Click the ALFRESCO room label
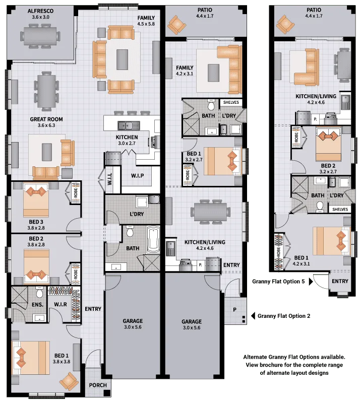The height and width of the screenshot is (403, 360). click(x=41, y=11)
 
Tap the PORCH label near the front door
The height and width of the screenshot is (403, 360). click(x=98, y=385)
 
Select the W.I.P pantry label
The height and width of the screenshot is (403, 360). click(x=138, y=176)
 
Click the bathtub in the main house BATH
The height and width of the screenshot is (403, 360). click(x=153, y=240)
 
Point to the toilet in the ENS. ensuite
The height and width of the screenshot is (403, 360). click(x=39, y=293)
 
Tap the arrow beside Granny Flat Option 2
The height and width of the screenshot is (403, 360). click(x=253, y=316)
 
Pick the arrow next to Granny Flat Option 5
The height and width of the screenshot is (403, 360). click(x=311, y=282)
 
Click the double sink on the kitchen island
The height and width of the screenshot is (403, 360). click(x=129, y=125)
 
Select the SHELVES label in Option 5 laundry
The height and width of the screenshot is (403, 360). click(x=340, y=210)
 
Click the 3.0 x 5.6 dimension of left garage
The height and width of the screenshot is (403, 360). click(x=133, y=327)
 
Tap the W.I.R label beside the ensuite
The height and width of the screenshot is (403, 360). click(x=61, y=304)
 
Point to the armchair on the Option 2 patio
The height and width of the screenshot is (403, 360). click(x=176, y=25)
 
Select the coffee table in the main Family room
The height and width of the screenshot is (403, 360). click(x=122, y=59)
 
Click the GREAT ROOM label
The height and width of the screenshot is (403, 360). click(x=46, y=119)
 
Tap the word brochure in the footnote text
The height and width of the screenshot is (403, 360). click(x=269, y=365)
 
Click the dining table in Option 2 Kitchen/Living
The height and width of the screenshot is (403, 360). click(x=210, y=212)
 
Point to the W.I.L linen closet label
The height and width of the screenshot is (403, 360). click(x=109, y=179)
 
